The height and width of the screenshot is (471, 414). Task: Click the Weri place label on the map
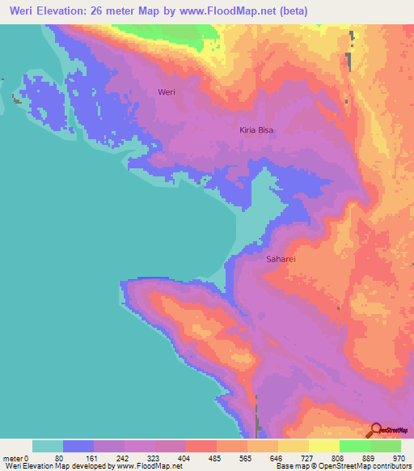click(x=167, y=92)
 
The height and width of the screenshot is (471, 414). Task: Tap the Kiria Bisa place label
click(x=257, y=129)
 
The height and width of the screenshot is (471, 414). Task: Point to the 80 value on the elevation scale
click(x=64, y=458)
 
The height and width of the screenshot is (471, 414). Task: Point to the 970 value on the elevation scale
click(x=399, y=458)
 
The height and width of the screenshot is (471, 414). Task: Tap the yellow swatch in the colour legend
click(x=323, y=446)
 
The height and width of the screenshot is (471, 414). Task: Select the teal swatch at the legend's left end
click(x=48, y=446)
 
